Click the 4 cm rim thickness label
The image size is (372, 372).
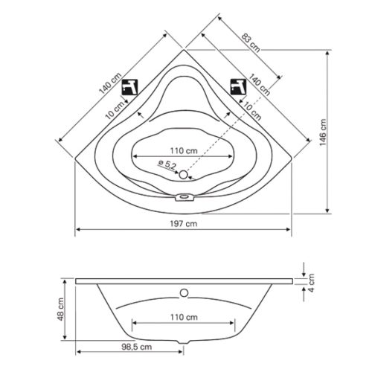[x=313, y=280]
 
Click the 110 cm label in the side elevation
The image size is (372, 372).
[x=185, y=316]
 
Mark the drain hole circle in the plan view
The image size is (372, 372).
[x=185, y=176]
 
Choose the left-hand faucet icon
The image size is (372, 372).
[x=131, y=85]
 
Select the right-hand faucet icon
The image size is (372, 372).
[x=237, y=85]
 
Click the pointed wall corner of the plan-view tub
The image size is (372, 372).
[x=185, y=51]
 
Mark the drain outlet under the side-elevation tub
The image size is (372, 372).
[x=185, y=343]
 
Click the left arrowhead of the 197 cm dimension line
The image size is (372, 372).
[x=78, y=231]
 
